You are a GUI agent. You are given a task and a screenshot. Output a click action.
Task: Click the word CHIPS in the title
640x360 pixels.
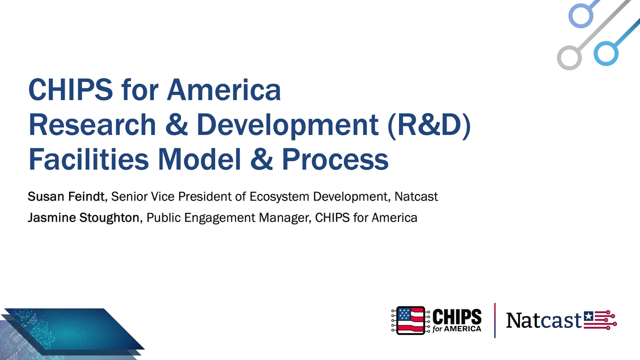[x=70, y=89]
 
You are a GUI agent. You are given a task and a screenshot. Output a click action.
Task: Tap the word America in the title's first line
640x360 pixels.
[x=224, y=89]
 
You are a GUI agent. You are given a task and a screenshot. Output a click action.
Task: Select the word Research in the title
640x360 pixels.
[x=92, y=124]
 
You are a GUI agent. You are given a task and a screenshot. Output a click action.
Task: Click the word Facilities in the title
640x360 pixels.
[x=88, y=159]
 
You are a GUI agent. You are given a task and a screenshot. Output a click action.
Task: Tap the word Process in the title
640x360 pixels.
[x=335, y=159]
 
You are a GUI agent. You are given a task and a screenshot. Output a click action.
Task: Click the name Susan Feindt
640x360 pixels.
[x=66, y=196]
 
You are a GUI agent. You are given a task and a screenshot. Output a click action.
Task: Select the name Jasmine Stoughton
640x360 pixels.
[x=83, y=217]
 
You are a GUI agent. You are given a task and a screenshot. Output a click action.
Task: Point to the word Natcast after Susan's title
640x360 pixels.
[x=416, y=196]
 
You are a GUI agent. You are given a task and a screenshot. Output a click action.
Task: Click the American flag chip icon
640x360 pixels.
[x=410, y=320]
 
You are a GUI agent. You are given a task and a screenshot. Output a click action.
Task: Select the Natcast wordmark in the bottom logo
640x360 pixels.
[x=543, y=320]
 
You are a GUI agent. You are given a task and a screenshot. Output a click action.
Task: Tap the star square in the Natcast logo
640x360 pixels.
[x=588, y=316]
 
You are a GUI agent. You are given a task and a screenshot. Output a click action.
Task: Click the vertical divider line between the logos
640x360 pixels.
[x=494, y=320]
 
